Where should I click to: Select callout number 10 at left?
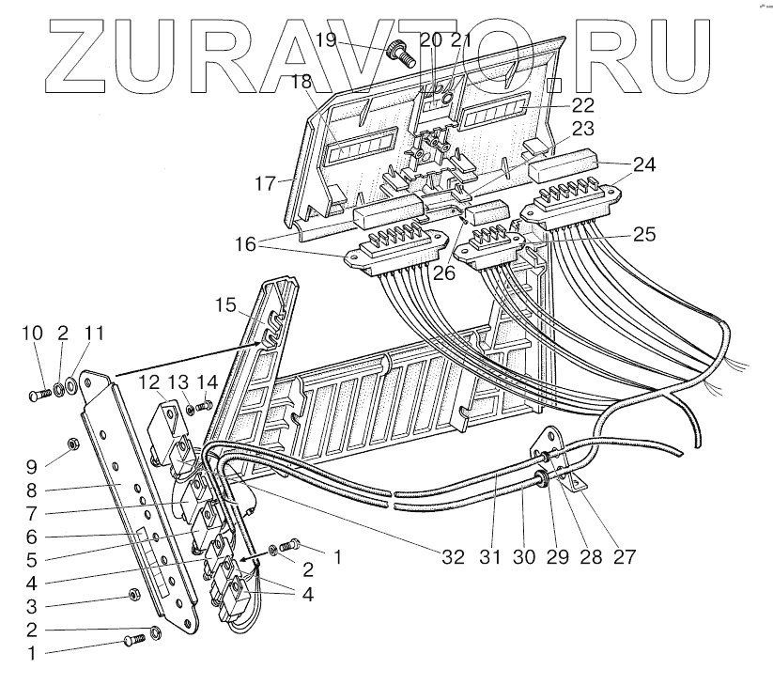pyautogui.click(x=33, y=333)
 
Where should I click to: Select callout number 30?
pyautogui.click(x=524, y=555)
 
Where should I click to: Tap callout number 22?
pyautogui.click(x=583, y=105)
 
